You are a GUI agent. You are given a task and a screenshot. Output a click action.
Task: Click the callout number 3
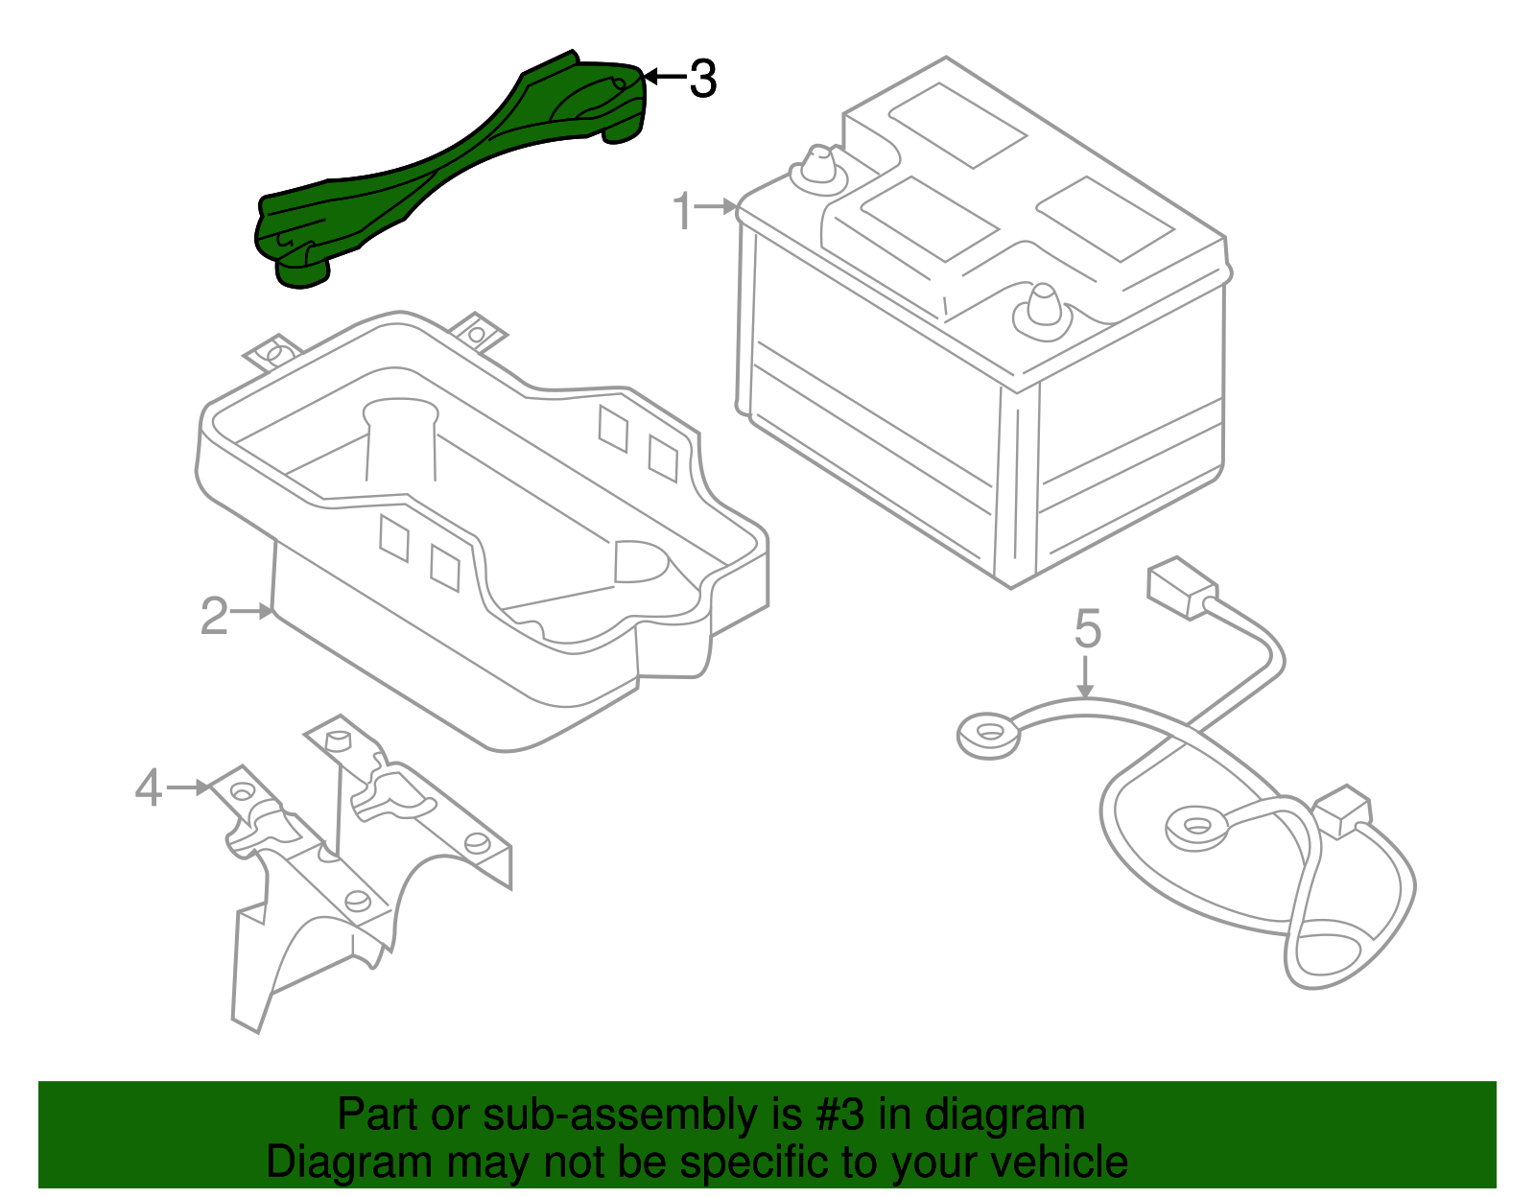pyautogui.click(x=703, y=79)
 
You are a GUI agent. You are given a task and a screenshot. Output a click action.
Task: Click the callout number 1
pyautogui.click(x=682, y=211)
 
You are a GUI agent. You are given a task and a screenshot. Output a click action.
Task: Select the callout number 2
pyautogui.click(x=213, y=616)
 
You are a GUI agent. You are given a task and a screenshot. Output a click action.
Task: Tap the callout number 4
pyautogui.click(x=148, y=788)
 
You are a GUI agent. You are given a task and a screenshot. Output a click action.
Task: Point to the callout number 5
pyautogui.click(x=1087, y=629)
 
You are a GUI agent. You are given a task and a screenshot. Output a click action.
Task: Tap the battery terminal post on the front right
pyautogui.click(x=1043, y=310)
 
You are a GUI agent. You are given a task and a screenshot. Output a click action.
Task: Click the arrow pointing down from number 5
pyautogui.click(x=1085, y=677)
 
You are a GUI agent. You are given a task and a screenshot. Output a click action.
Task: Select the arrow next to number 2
pyautogui.click(x=254, y=611)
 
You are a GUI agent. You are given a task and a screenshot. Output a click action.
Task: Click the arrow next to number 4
pyautogui.click(x=189, y=787)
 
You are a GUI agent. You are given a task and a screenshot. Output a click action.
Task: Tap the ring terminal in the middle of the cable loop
pyautogui.click(x=1195, y=826)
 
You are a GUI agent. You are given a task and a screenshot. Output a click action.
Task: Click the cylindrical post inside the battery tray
pyautogui.click(x=400, y=441)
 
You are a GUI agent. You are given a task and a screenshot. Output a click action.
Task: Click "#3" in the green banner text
pyautogui.click(x=840, y=1116)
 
